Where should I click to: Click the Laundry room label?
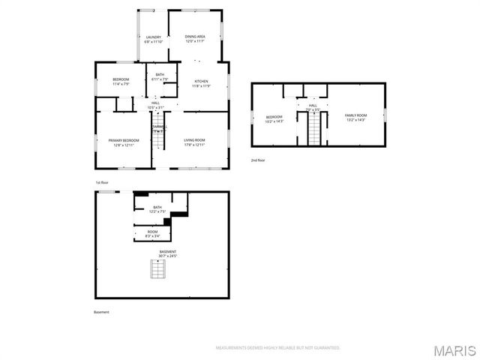coord(153,39)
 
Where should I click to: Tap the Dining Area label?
coord(195,39)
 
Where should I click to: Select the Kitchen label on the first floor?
coord(201,83)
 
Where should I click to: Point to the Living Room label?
coord(195,142)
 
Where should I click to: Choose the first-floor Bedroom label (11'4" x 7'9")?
coord(121,82)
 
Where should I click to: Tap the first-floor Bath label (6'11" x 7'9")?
coord(160,76)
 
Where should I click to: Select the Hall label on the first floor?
coord(156,106)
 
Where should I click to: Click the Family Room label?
coord(355,117)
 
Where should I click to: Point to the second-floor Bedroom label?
coord(274,118)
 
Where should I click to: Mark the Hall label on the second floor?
coord(313,107)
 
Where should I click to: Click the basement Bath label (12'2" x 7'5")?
coord(157,209)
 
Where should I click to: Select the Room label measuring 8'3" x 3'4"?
coord(152,234)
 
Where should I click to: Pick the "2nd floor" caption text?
coord(258,160)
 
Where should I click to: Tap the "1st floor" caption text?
coord(102,183)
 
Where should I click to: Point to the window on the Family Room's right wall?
coord(384,115)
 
